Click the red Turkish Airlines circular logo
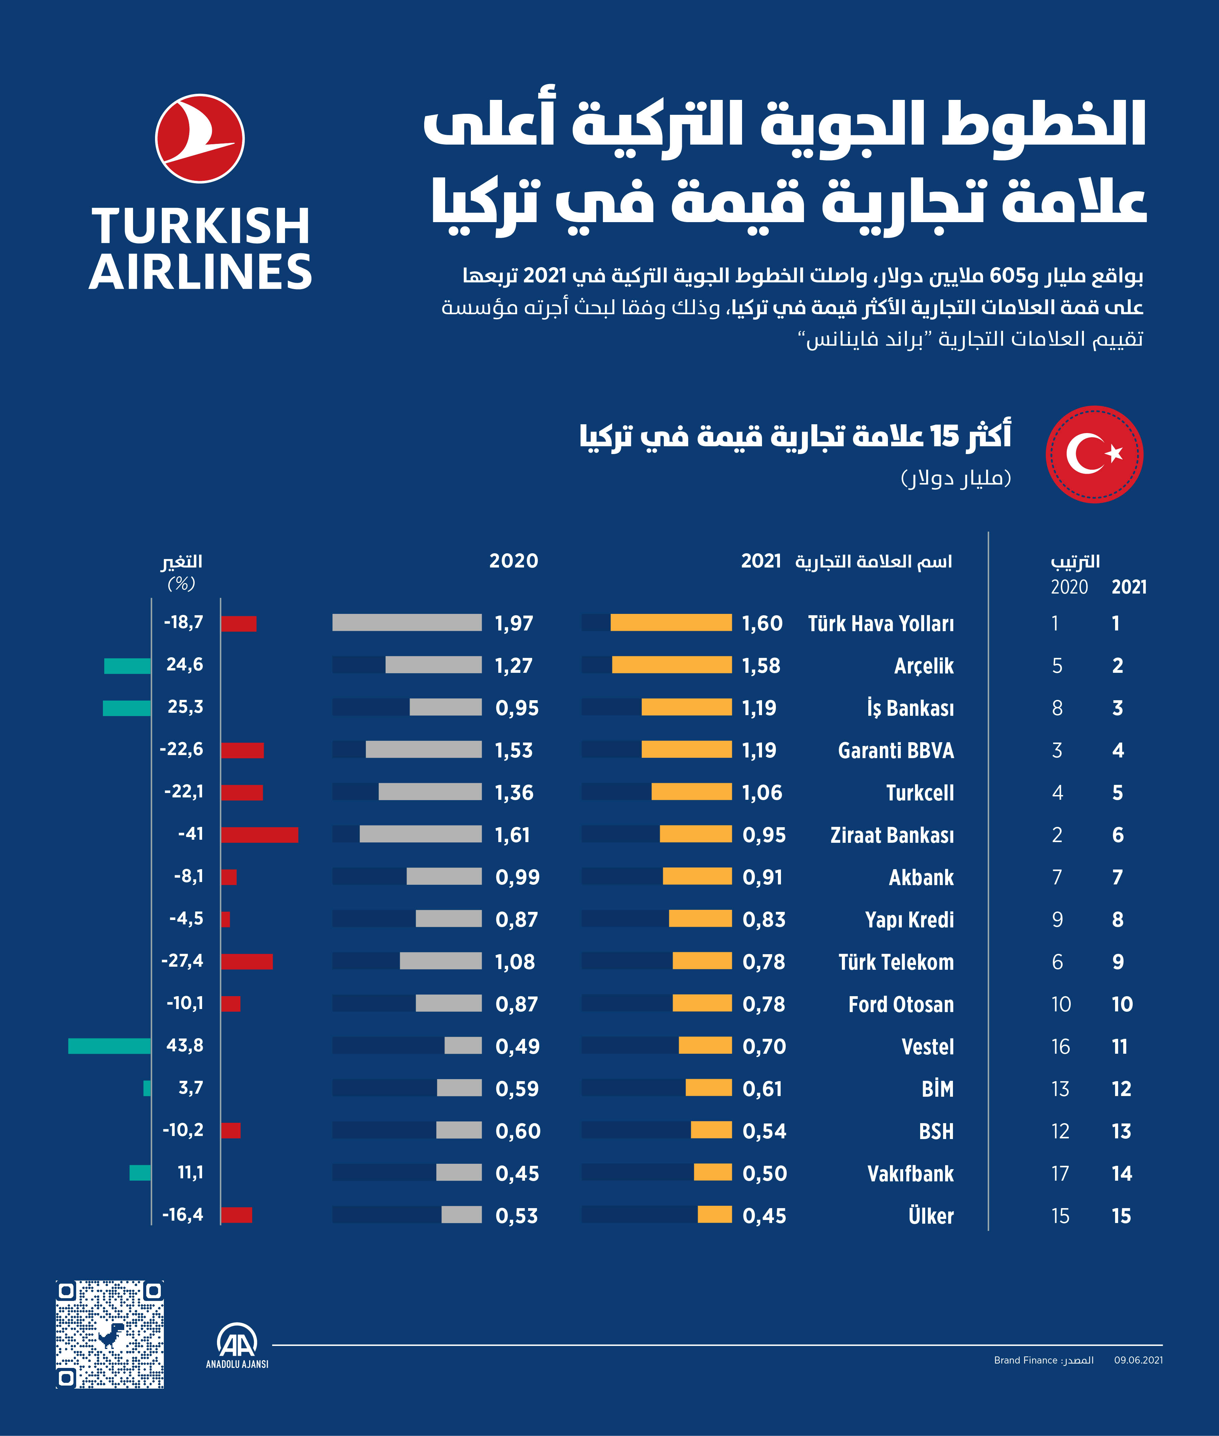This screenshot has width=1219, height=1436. [x=200, y=138]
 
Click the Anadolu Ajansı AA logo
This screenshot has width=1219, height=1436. [x=237, y=1344]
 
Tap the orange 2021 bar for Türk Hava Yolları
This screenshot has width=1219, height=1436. [x=670, y=623]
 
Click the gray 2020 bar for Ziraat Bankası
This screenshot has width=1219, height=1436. [x=420, y=834]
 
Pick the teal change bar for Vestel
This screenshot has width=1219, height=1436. [x=109, y=1046]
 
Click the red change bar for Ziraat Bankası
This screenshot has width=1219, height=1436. [x=259, y=834]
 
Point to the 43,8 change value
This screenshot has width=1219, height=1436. [x=184, y=1045]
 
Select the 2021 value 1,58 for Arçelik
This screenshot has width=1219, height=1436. [x=761, y=665]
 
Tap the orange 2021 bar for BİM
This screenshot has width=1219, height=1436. [x=708, y=1088]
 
